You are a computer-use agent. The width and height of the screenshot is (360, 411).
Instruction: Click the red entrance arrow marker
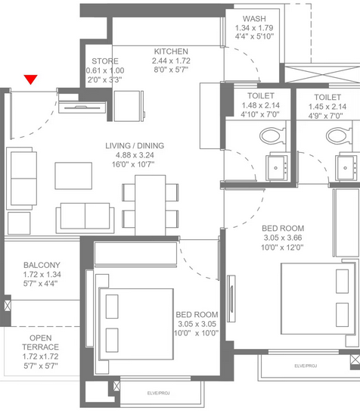(x=31, y=79)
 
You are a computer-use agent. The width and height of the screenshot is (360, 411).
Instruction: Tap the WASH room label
(x=254, y=19)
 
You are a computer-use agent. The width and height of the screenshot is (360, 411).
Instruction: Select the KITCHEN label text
(x=171, y=51)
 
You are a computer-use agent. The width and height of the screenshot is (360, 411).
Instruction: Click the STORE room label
(x=105, y=61)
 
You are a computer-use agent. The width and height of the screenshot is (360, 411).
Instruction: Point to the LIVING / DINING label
(x=135, y=145)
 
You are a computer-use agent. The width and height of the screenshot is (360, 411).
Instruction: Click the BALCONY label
(x=42, y=265)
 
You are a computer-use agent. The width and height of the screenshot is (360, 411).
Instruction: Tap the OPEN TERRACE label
(x=40, y=342)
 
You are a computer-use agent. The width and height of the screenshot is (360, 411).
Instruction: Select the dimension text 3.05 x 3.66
(x=283, y=238)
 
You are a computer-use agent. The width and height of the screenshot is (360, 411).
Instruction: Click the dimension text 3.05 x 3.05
(x=197, y=324)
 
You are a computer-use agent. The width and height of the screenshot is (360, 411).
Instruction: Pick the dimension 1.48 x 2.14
(x=260, y=105)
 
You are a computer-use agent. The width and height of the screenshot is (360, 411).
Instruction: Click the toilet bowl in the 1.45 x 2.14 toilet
(x=339, y=135)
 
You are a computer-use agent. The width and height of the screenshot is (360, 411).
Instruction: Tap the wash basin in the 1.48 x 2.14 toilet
(x=277, y=167)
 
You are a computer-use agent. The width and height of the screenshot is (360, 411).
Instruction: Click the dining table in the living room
(x=151, y=205)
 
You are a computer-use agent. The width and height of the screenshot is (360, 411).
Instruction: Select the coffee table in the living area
(x=73, y=176)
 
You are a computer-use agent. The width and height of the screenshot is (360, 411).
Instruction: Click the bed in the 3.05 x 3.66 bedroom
(x=318, y=299)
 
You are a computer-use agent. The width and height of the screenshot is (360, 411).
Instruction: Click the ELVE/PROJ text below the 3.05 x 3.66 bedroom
(x=306, y=366)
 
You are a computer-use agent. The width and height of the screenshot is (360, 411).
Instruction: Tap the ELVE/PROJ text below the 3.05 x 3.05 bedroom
(x=158, y=393)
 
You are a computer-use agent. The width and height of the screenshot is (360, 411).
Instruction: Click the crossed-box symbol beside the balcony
(x=8, y=306)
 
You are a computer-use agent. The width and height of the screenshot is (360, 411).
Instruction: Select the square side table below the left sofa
(x=19, y=223)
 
